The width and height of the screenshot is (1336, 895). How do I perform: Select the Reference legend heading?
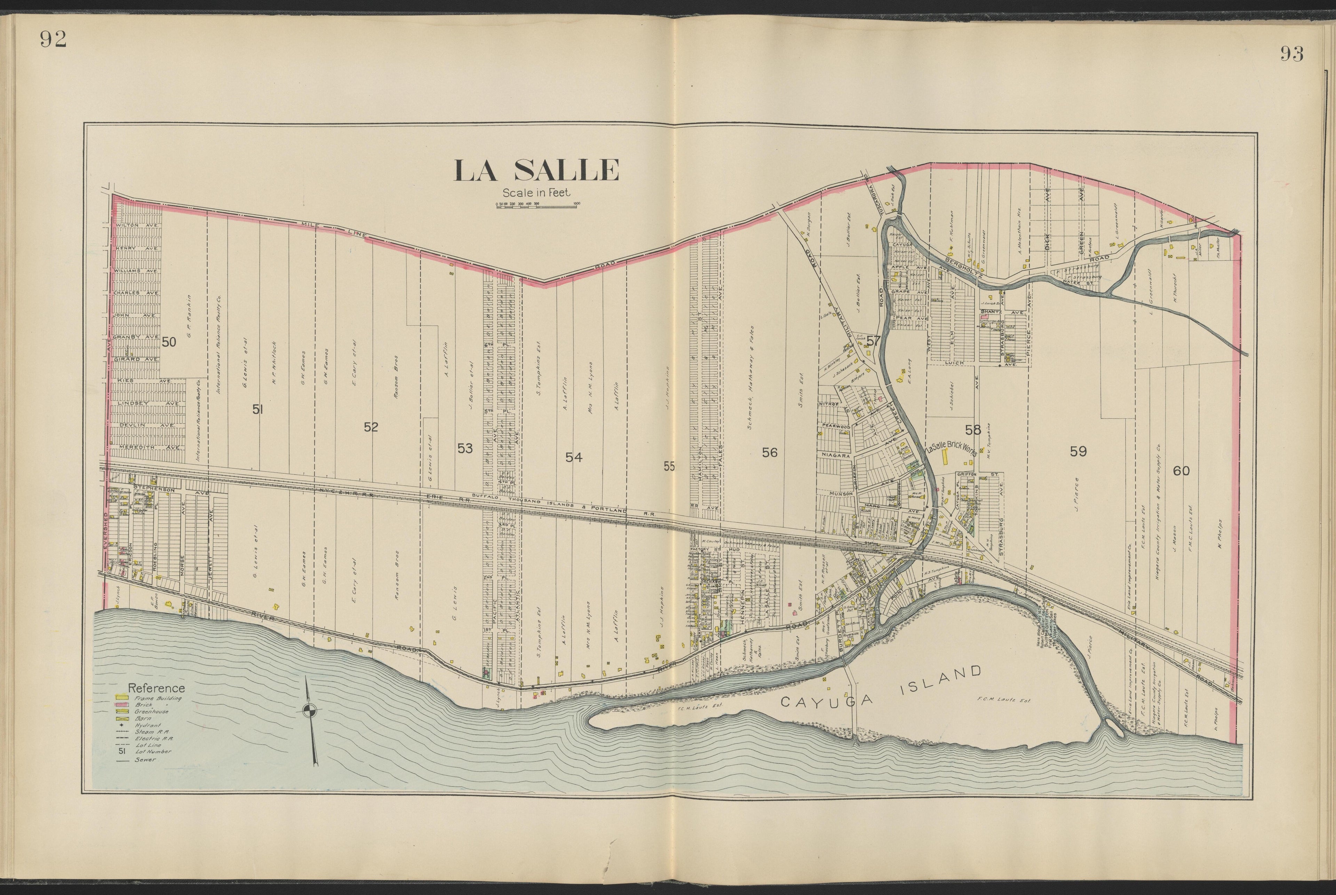tap(156, 688)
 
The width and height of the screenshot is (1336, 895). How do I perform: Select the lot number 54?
tap(574, 457)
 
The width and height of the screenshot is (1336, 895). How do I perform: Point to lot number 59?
tap(1078, 451)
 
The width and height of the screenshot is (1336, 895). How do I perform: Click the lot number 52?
tap(371, 427)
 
